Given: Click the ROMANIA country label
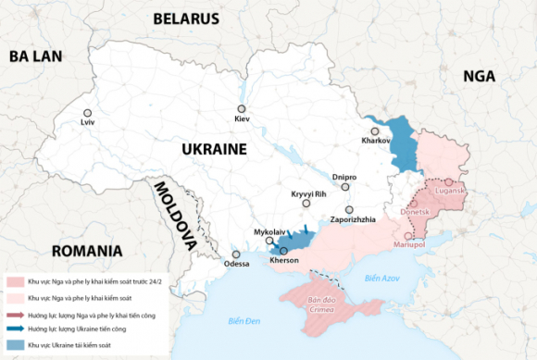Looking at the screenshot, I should click(88, 251).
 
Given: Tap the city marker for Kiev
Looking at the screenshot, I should click(241, 108).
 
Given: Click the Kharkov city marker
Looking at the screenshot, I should click(375, 130).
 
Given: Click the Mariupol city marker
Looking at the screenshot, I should click(409, 236).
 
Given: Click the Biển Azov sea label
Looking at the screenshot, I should click(381, 278).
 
